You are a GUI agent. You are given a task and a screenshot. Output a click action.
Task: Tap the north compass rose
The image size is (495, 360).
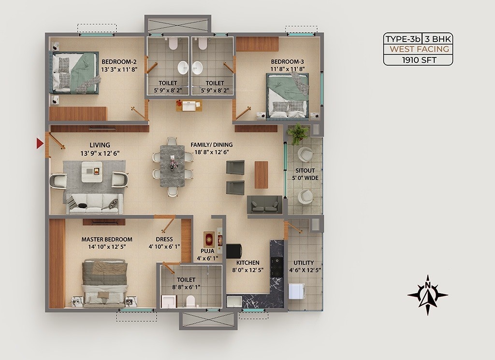427,295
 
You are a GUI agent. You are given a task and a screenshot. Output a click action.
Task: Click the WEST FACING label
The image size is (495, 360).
419,49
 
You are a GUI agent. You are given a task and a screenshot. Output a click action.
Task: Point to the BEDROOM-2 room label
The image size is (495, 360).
119,61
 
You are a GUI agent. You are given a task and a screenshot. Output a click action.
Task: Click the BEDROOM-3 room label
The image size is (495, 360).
287,61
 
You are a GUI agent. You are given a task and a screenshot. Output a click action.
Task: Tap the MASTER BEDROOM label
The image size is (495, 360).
107,239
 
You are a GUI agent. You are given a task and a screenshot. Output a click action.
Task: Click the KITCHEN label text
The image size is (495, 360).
248,262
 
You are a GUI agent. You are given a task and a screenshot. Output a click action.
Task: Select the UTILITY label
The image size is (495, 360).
304,263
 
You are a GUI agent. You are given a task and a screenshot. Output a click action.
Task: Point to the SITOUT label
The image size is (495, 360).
305,171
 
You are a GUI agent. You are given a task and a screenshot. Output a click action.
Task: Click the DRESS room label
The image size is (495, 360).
164,239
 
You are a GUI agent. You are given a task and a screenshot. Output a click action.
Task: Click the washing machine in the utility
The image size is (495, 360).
296,291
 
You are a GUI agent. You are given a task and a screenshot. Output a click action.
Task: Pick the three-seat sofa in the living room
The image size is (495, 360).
94,203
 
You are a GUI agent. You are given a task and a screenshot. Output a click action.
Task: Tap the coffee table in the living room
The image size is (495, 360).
92,171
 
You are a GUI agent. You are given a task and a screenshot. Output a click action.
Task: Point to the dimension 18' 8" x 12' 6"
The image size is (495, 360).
212,152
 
